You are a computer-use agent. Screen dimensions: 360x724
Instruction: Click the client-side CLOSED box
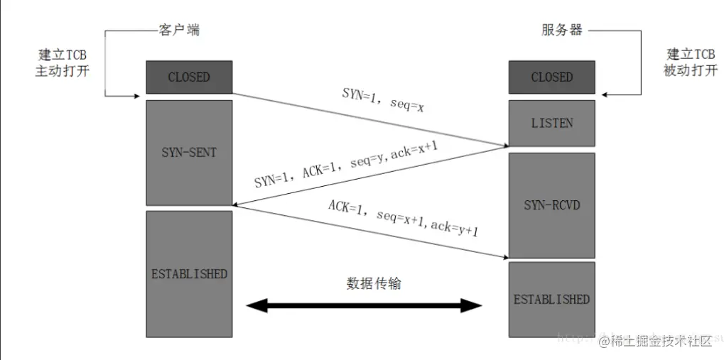[189, 77]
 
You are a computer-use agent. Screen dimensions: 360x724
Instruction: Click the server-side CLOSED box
[551, 77]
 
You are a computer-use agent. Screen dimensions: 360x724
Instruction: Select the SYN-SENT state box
[189, 153]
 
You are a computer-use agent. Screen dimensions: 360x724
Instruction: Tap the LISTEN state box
[551, 123]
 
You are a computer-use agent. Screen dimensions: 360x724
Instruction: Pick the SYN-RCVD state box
[551, 204]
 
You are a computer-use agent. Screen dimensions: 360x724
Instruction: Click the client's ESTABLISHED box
[189, 273]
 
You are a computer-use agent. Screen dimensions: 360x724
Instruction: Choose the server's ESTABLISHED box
[551, 299]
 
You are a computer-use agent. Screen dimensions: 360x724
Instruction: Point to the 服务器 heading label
[561, 31]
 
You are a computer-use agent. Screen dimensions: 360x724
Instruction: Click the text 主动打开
[63, 72]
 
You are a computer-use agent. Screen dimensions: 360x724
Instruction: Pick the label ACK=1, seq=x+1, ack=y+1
[401, 217]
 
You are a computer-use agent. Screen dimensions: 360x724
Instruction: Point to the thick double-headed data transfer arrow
[364, 306]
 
